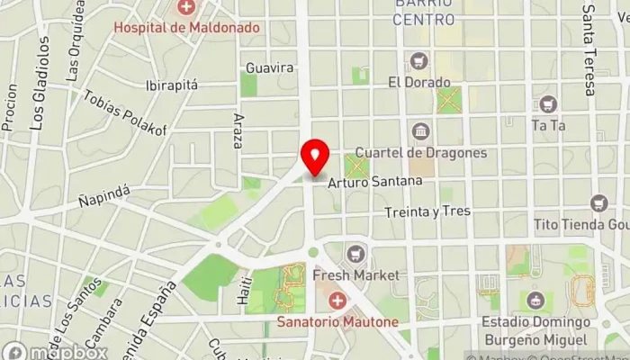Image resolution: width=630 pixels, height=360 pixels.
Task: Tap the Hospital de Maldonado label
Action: point(186,27)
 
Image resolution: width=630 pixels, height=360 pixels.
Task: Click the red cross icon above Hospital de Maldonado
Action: point(186,9)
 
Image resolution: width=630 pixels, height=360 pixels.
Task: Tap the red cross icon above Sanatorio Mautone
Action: point(337,300)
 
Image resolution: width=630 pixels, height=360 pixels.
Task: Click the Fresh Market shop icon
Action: point(358,253)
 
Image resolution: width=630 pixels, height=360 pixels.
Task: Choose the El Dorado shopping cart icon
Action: point(418,61)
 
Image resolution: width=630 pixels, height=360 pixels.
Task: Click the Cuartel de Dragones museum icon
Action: point(420,132)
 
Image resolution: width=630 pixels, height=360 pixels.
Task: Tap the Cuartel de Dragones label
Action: point(420,152)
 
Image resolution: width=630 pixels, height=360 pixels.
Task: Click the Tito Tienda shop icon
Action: point(599,204)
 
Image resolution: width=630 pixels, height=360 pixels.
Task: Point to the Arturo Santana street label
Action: point(375,181)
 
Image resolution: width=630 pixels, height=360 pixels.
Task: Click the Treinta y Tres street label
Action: point(427,211)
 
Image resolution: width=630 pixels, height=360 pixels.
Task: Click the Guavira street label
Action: point(270,67)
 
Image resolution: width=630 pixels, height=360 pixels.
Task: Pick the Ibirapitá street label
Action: point(171,85)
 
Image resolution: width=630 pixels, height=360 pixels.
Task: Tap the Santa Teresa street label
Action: point(589,49)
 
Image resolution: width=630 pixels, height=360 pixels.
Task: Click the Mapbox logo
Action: point(54,351)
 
